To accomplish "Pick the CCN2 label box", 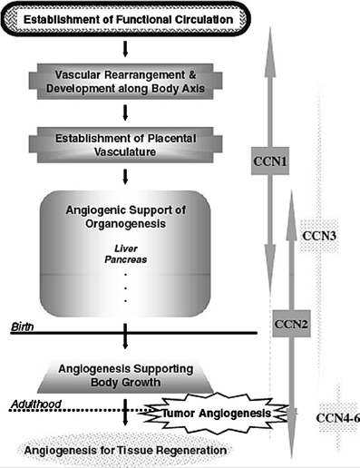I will coord(289,322).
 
